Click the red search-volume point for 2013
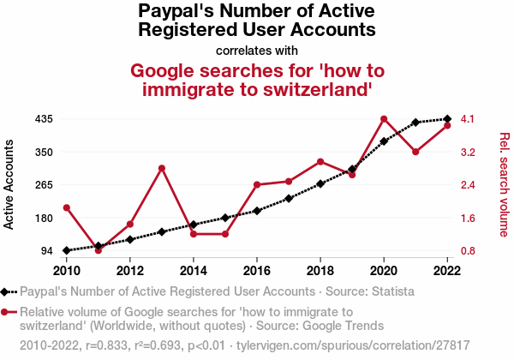162,168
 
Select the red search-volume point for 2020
384,118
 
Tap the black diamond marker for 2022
447,119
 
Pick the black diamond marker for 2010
67,250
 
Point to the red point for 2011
99,250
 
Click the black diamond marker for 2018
320,183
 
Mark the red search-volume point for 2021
415,152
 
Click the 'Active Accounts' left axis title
10,185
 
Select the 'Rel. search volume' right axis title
504,184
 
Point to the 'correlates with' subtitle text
257,50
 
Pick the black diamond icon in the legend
7,291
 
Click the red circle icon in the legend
7,312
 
